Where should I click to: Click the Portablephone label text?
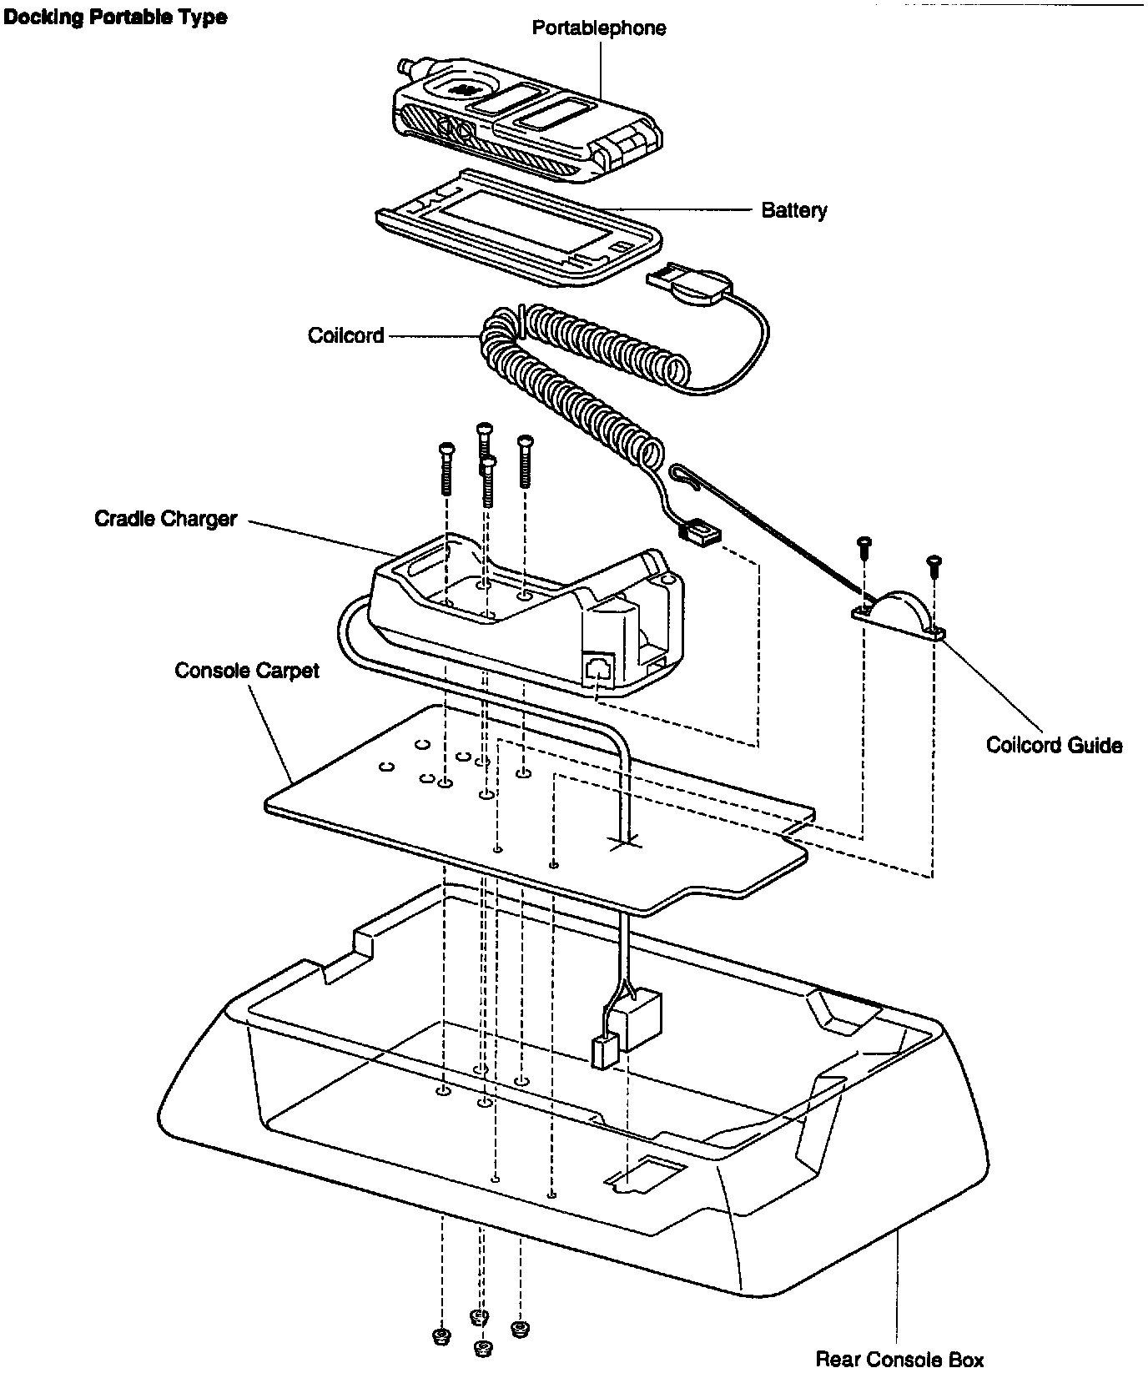click(x=599, y=28)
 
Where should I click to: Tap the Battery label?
click(x=793, y=209)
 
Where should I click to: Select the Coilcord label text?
click(x=345, y=335)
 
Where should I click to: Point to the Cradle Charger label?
click(x=165, y=519)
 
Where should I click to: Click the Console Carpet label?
click(x=246, y=671)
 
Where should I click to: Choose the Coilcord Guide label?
click(x=1054, y=744)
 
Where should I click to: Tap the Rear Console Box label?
click(x=899, y=1359)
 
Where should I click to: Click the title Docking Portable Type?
click(x=115, y=17)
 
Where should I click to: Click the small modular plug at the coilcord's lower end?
click(x=698, y=531)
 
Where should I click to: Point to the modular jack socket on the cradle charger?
click(x=598, y=668)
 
